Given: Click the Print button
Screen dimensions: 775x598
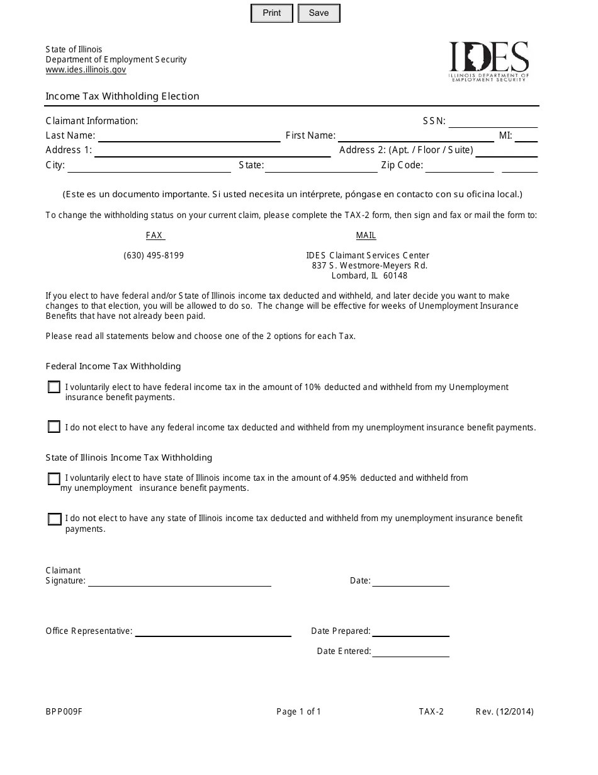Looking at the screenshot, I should (x=272, y=13).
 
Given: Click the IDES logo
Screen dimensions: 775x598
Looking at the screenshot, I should (x=488, y=61).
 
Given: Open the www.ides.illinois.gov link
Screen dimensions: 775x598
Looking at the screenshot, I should (x=86, y=70).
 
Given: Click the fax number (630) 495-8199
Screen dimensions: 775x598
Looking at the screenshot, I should (x=154, y=256).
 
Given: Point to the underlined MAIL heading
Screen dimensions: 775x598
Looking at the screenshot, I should (x=366, y=236).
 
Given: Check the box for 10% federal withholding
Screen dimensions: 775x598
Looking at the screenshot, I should (x=54, y=387).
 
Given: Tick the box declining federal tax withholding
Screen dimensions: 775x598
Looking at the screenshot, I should (x=54, y=427).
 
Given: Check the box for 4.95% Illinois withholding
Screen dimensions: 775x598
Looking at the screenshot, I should (x=54, y=479).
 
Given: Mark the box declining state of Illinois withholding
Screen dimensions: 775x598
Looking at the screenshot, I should (x=54, y=519).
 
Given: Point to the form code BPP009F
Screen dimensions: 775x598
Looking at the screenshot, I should (x=64, y=712).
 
